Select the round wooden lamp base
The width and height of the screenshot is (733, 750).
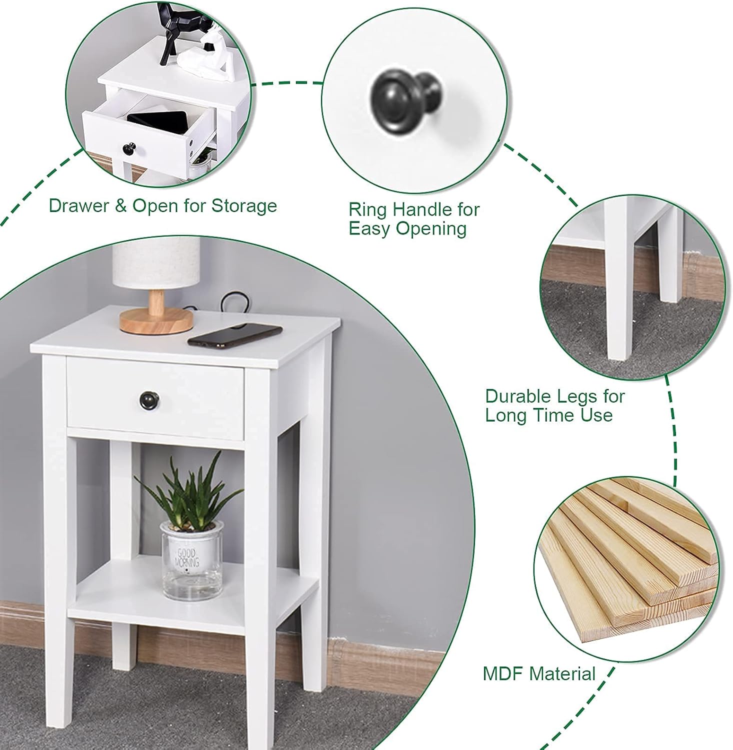point(156,320)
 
